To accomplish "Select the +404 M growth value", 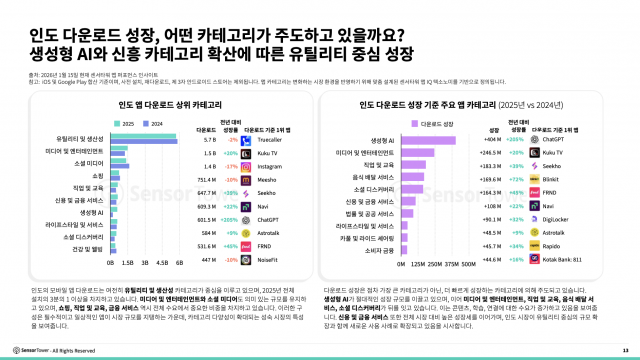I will click(518, 140).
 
